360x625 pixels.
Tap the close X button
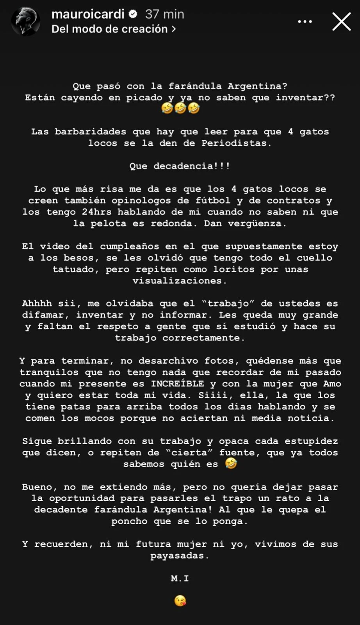point(341,21)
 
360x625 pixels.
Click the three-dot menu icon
point(305,21)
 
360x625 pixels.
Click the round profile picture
point(26,21)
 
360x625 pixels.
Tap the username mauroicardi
point(88,14)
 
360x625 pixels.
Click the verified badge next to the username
point(133,14)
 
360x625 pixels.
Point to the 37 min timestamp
point(164,14)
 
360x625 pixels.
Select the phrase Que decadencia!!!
point(180,166)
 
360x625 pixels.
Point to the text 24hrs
point(96,212)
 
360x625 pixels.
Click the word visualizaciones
point(179,280)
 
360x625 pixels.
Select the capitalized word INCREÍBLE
point(178,384)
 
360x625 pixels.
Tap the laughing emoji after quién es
point(231,464)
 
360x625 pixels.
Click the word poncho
point(129,521)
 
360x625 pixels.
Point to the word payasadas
point(179,555)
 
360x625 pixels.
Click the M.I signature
point(180,579)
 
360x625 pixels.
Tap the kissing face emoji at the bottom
point(180,601)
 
